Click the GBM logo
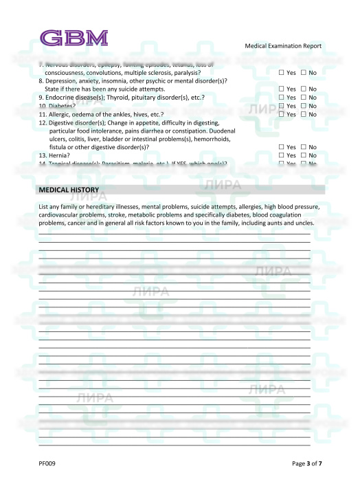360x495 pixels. click(74, 37)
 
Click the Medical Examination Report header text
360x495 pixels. click(282, 46)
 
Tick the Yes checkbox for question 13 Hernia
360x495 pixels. click(282, 155)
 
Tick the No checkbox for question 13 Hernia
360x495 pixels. click(303, 155)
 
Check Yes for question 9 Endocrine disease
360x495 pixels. click(282, 98)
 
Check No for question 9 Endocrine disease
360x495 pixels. click(303, 98)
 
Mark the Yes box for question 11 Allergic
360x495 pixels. click(282, 114)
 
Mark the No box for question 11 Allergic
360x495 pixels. click(303, 114)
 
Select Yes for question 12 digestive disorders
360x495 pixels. click(282, 147)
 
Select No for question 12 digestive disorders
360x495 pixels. click(303, 147)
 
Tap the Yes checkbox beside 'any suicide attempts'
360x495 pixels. click(282, 89)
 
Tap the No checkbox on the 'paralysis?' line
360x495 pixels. click(303, 73)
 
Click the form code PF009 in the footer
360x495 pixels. click(47, 463)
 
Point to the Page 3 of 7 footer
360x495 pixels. click(306, 463)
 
